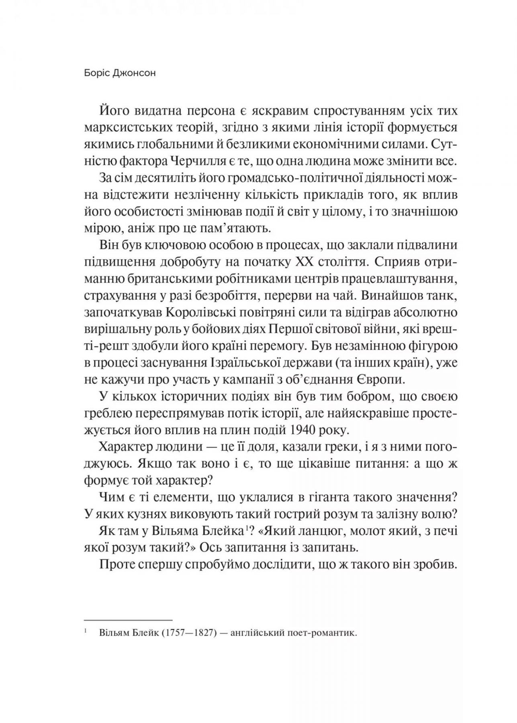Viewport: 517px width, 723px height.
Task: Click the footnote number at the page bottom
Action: (x=86, y=632)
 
